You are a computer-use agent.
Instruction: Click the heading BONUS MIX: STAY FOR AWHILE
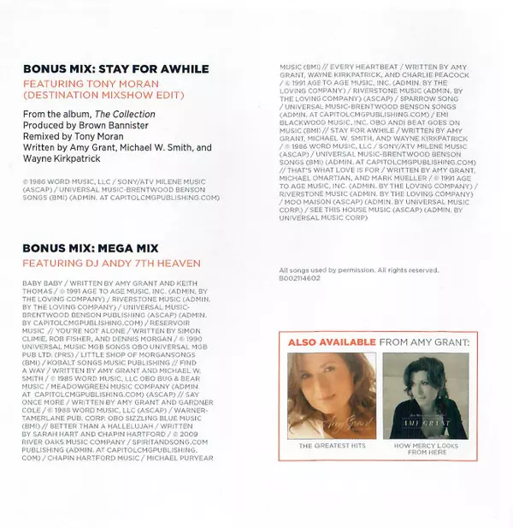[115, 68]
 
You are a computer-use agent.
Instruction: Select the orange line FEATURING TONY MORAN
[89, 84]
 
